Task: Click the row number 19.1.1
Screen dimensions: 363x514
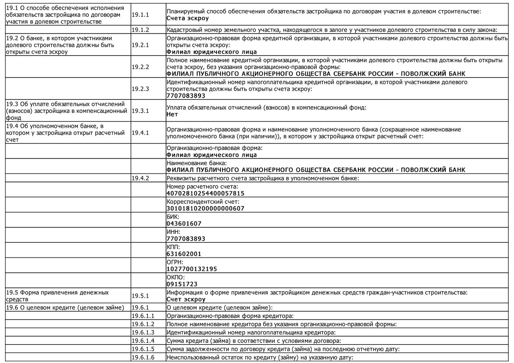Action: click(x=140, y=15)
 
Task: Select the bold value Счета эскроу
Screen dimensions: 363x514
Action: click(x=188, y=18)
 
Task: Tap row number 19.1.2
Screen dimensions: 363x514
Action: click(x=140, y=30)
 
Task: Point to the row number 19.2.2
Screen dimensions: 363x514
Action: click(x=140, y=67)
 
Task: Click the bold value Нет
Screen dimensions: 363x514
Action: click(x=172, y=114)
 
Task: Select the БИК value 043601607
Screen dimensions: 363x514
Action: click(x=184, y=224)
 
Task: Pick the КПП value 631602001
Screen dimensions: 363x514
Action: click(x=184, y=254)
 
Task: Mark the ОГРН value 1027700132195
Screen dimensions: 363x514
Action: click(x=192, y=269)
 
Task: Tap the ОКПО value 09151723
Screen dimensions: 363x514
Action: click(x=182, y=284)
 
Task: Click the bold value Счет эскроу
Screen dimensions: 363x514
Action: click(x=186, y=299)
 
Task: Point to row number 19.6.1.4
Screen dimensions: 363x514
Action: click(x=143, y=341)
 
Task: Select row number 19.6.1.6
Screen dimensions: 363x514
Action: click(x=143, y=357)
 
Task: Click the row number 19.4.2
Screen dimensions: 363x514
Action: click(x=140, y=178)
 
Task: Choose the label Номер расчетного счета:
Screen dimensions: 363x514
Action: click(x=202, y=187)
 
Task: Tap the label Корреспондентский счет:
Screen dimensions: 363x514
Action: click(x=203, y=202)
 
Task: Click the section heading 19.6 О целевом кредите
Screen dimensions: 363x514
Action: click(x=65, y=307)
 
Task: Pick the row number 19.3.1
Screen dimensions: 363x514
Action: click(x=140, y=111)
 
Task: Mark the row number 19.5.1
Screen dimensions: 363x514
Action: click(x=140, y=296)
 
